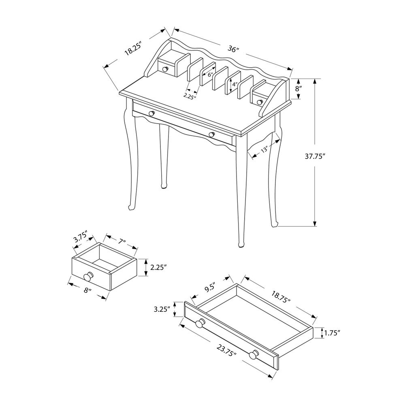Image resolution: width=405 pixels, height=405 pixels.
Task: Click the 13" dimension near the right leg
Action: [x=264, y=150]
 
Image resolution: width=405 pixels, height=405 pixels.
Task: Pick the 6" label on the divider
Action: [x=210, y=75]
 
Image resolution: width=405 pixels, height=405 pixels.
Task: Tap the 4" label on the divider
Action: [x=234, y=85]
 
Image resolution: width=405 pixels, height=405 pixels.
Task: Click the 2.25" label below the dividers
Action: [x=189, y=96]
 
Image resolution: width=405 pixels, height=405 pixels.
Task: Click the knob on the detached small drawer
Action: [x=87, y=277]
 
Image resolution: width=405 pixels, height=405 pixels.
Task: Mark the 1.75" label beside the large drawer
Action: [x=332, y=333]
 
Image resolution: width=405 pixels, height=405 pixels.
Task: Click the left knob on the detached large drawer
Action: [x=200, y=324]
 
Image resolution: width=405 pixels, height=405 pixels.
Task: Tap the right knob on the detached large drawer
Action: [x=254, y=355]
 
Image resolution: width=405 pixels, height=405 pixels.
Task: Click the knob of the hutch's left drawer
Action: [x=165, y=70]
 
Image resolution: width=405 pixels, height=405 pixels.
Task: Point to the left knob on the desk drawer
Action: [x=151, y=113]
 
